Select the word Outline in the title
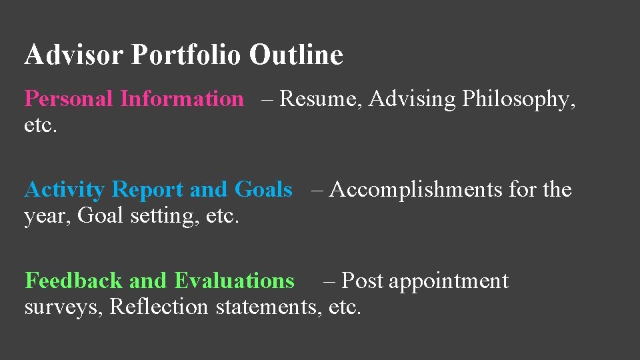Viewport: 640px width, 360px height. [296, 55]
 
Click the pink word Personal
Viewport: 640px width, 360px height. [69, 99]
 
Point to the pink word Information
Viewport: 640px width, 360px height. [182, 99]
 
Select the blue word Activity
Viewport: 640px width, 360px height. [64, 190]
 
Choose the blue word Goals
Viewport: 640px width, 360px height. [263, 190]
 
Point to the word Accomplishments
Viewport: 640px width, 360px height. [416, 191]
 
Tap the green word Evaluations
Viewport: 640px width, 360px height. [234, 281]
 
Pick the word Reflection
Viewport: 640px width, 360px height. [159, 307]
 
